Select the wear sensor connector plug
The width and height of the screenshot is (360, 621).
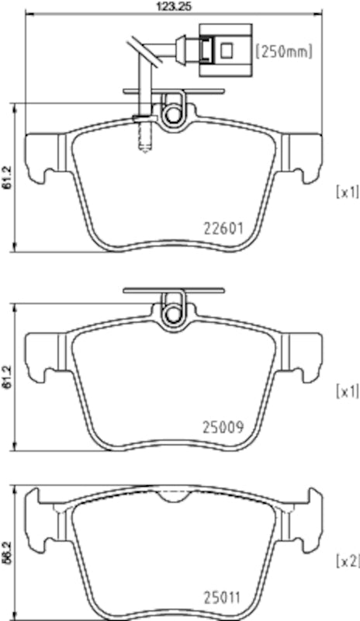click(x=225, y=50)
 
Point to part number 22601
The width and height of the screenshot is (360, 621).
click(x=223, y=229)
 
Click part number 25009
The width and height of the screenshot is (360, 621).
click(x=223, y=426)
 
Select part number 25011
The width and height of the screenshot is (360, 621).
click(x=223, y=598)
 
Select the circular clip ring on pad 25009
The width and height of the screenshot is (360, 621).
click(x=172, y=314)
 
